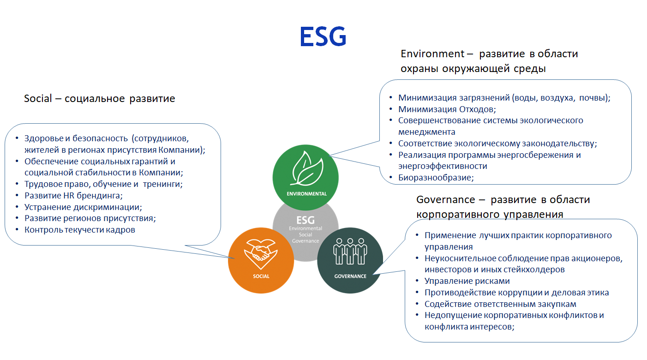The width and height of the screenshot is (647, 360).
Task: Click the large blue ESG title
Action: [x=323, y=36]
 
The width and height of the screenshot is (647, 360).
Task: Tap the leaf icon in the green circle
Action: [x=306, y=169]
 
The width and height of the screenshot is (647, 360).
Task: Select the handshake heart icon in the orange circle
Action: [x=261, y=253]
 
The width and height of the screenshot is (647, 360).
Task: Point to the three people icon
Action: [x=350, y=252]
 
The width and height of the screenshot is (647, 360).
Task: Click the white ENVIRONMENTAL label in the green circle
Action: [x=306, y=193]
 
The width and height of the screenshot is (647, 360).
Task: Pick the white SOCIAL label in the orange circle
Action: [x=261, y=276]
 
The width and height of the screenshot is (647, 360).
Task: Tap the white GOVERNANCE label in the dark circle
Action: [x=350, y=276]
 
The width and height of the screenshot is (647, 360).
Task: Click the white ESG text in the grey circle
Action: [x=306, y=220]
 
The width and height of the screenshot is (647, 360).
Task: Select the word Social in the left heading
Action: [x=38, y=98]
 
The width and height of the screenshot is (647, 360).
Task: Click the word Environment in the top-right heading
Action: [x=432, y=54]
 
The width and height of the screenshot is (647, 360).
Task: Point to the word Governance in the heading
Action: [x=446, y=200]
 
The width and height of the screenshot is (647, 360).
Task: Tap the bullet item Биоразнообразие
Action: [x=436, y=177]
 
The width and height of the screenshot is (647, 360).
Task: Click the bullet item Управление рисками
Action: [x=467, y=281]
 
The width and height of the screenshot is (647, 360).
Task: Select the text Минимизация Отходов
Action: [x=447, y=109]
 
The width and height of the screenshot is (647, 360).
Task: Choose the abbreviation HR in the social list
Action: [x=69, y=196]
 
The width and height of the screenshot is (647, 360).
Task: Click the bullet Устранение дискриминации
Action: [x=83, y=207]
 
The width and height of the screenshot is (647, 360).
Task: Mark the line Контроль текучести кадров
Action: [x=80, y=230]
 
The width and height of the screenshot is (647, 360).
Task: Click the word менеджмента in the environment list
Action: [x=426, y=132]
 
